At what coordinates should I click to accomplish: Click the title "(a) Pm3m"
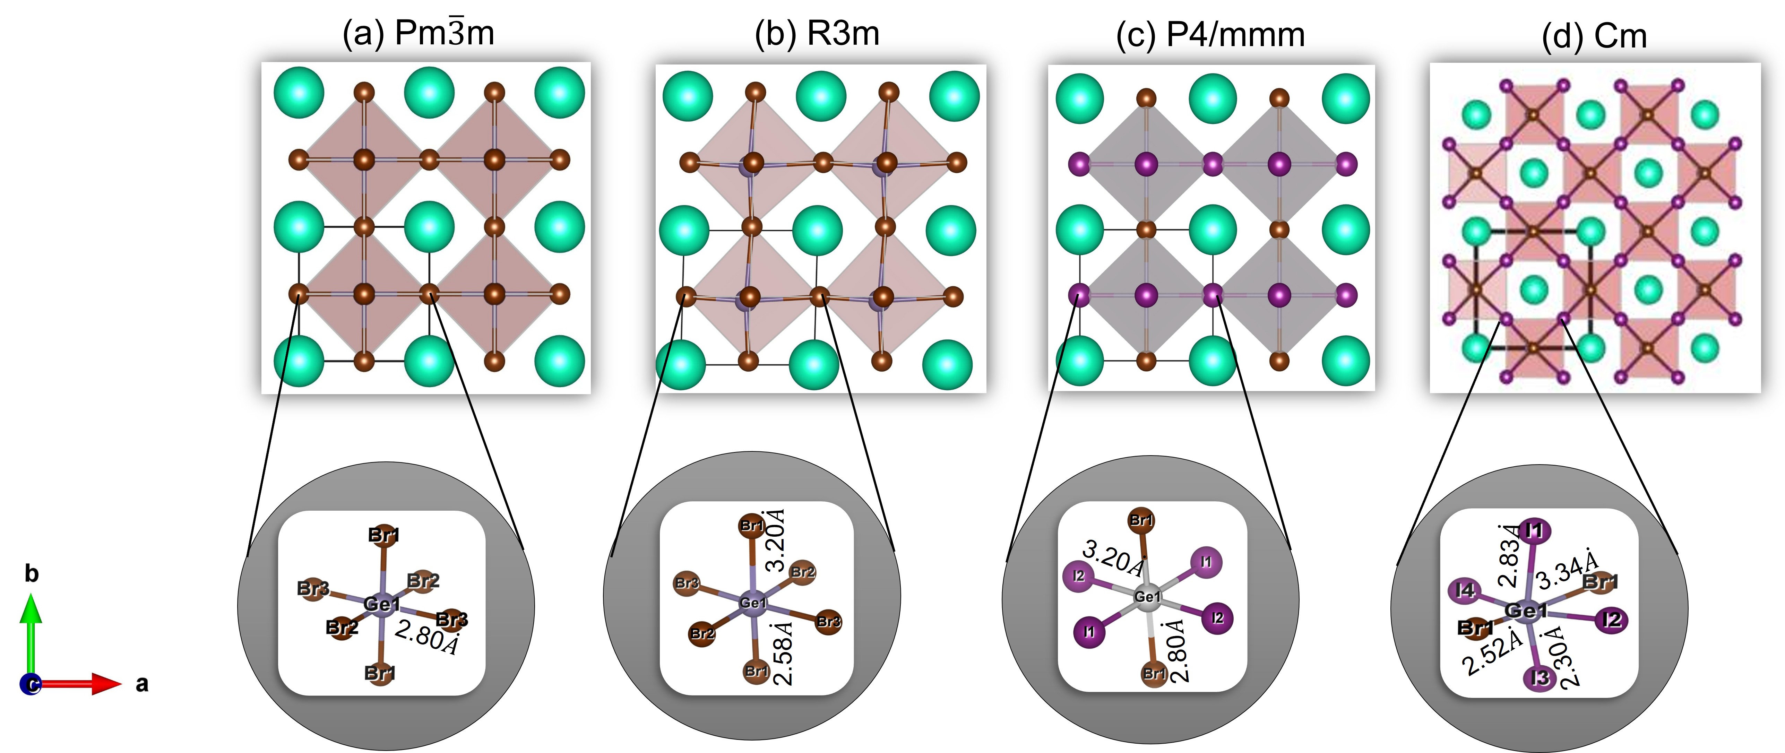pos(419,33)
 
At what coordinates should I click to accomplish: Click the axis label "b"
pos(31,573)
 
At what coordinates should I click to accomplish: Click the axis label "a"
pos(142,684)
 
